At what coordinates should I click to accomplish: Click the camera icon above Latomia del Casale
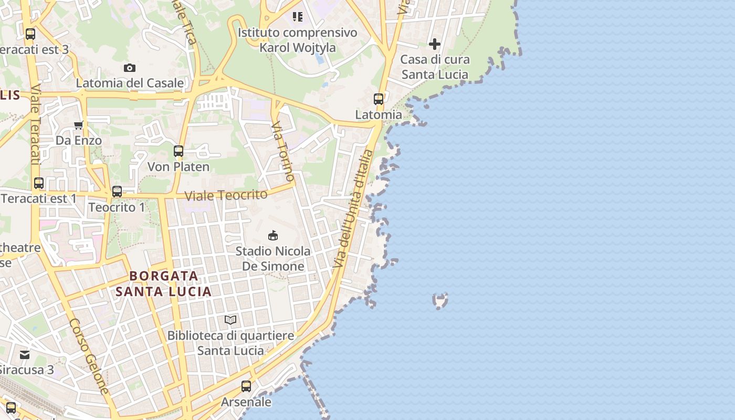tap(130, 68)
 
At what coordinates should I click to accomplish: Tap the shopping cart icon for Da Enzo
tap(79, 125)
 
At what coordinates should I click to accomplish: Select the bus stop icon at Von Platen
tap(178, 151)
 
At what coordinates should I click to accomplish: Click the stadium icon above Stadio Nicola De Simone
tap(273, 235)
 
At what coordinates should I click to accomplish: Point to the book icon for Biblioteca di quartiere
tap(230, 320)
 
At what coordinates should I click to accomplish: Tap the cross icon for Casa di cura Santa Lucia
tap(435, 44)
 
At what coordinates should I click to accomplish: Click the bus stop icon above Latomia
tap(379, 99)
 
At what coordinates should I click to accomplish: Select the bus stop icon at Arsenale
tap(246, 386)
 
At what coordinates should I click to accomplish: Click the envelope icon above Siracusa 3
tap(25, 354)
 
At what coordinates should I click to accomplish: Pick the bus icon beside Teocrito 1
tap(117, 192)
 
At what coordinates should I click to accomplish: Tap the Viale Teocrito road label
tap(226, 195)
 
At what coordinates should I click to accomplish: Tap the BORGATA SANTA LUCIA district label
tap(163, 283)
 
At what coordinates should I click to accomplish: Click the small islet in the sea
tap(440, 300)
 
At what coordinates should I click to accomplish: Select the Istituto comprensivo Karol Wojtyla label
tap(297, 40)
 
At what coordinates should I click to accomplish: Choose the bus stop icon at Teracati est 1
tap(39, 183)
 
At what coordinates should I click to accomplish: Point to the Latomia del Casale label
tap(130, 83)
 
